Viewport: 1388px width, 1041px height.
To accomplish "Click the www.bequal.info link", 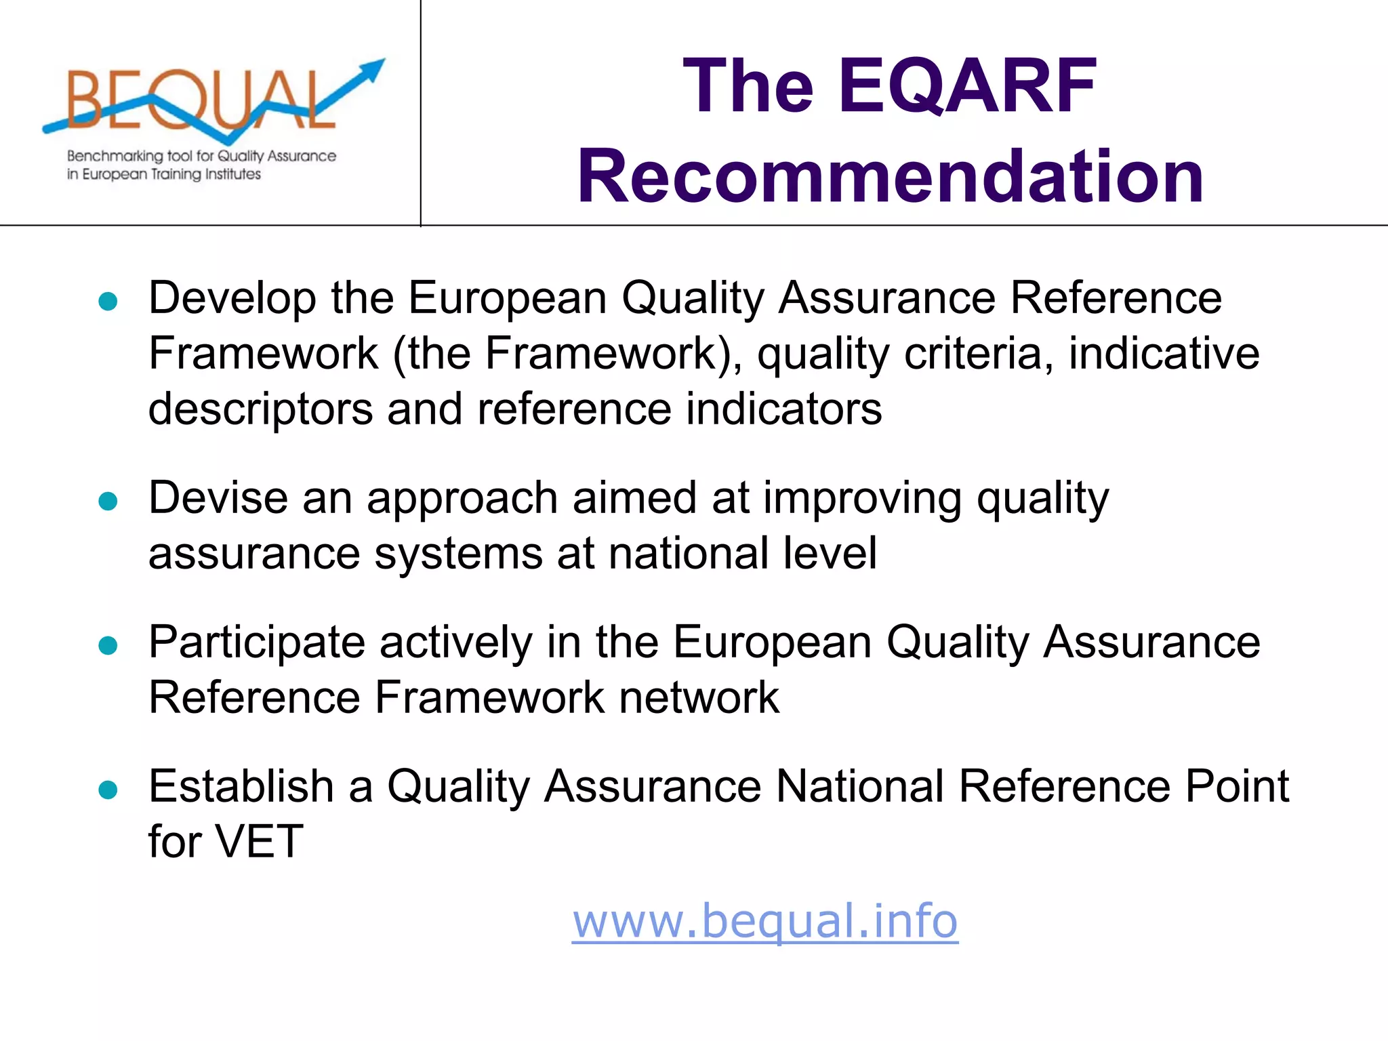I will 764,921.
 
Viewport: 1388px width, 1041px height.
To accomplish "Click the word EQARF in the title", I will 967,86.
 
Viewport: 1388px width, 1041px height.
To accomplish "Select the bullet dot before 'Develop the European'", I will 108,301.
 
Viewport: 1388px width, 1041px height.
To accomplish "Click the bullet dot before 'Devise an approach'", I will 108,502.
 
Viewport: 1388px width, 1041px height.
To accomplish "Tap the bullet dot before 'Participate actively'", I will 108,645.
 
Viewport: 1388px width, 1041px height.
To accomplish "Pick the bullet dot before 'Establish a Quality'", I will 108,790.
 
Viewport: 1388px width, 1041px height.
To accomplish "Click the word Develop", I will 232,298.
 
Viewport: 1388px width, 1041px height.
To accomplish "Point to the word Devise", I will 218,498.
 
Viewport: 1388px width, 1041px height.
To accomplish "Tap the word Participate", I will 257,642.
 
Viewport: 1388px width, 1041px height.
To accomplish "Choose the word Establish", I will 241,786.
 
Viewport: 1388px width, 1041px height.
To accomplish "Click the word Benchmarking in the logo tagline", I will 115,157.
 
